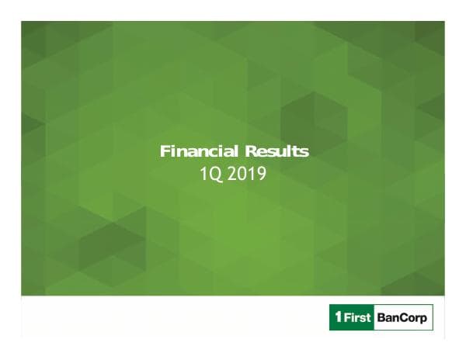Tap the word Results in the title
click(x=276, y=151)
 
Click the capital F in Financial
click(x=165, y=151)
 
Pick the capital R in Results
click(x=250, y=151)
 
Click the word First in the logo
click(x=358, y=319)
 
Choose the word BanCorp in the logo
click(x=403, y=319)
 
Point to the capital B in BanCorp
click(x=382, y=319)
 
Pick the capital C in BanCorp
click(x=404, y=319)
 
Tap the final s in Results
click(x=304, y=152)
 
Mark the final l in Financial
click(x=232, y=151)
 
